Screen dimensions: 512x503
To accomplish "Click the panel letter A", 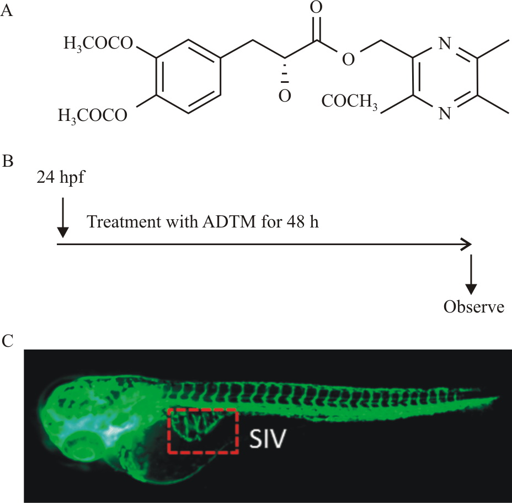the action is [7, 12].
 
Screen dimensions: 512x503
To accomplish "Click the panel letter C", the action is [7, 341].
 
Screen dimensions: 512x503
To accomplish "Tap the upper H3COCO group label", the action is [98, 43].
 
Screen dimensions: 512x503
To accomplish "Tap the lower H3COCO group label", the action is [92, 116].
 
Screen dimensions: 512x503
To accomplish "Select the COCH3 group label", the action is [350, 103].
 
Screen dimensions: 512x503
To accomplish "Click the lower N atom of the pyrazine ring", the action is [445, 114].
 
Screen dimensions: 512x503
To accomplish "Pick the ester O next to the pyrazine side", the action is [348, 59].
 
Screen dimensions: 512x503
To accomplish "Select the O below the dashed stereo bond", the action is [284, 96].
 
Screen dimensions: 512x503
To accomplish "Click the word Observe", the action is [474, 306].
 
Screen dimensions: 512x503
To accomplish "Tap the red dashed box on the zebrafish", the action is [203, 431].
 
